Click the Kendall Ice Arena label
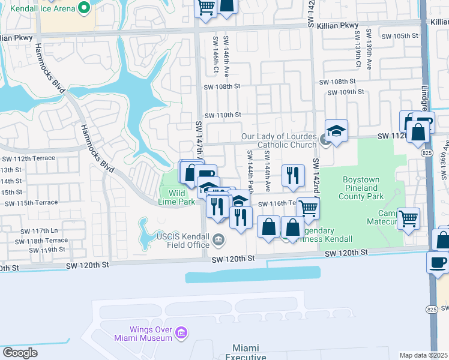coord(38,8)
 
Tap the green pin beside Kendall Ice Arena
coord(84,8)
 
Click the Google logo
coord(20,352)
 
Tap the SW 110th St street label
coord(223,115)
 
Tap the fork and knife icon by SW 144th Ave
coord(292,175)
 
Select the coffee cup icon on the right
coord(437,262)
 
